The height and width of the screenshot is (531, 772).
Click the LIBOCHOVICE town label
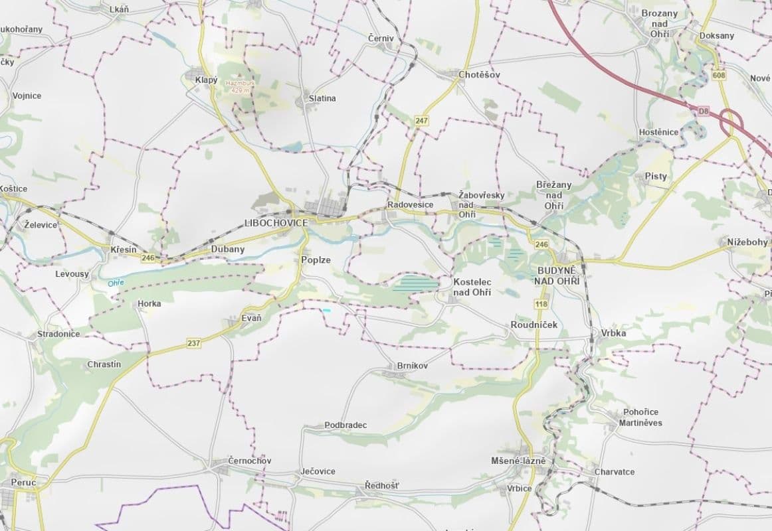click(276, 223)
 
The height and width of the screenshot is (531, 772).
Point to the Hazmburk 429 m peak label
click(240, 87)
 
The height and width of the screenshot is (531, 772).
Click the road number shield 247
click(421, 120)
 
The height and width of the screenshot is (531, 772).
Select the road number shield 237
click(193, 343)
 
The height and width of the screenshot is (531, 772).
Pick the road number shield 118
click(541, 303)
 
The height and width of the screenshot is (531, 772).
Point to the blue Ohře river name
click(116, 283)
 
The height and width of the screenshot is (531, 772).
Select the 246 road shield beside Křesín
click(147, 258)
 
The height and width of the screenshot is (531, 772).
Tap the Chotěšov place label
click(479, 75)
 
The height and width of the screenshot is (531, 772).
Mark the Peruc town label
click(24, 482)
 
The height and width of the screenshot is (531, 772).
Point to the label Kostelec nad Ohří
click(472, 287)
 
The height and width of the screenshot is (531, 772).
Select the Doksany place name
click(717, 36)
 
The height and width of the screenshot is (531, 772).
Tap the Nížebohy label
click(747, 243)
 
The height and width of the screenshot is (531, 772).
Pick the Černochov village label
click(249, 461)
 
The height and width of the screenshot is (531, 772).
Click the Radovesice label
click(411, 204)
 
